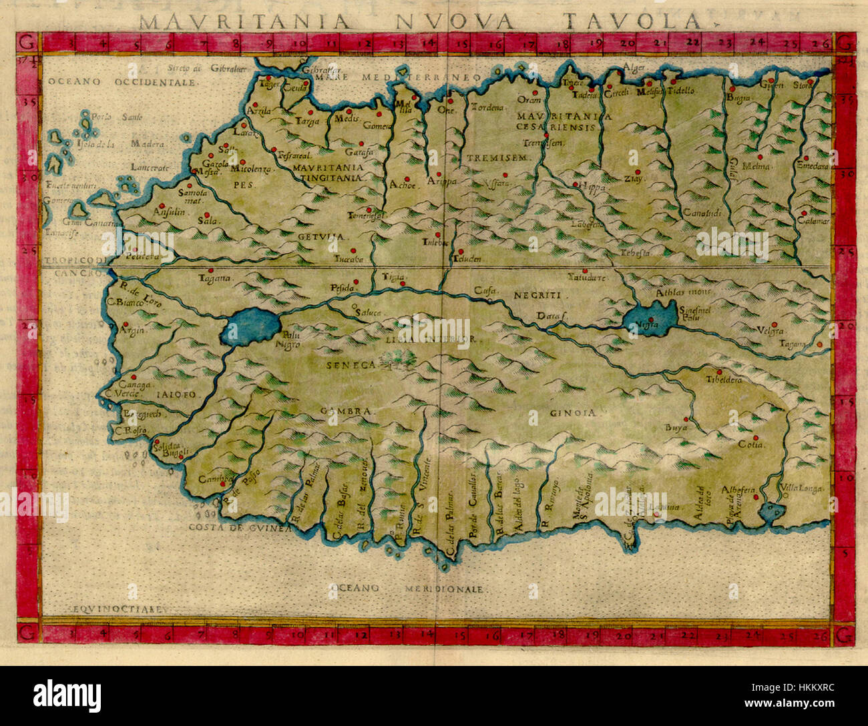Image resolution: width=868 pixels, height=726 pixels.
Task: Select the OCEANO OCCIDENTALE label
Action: click(x=122, y=82)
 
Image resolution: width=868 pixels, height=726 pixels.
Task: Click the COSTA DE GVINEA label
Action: click(x=240, y=527)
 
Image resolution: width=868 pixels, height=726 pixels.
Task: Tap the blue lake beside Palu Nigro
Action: click(x=252, y=327)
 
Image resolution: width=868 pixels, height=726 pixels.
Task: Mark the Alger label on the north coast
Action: click(x=632, y=67)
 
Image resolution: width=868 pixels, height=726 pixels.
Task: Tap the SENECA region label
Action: click(x=352, y=365)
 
